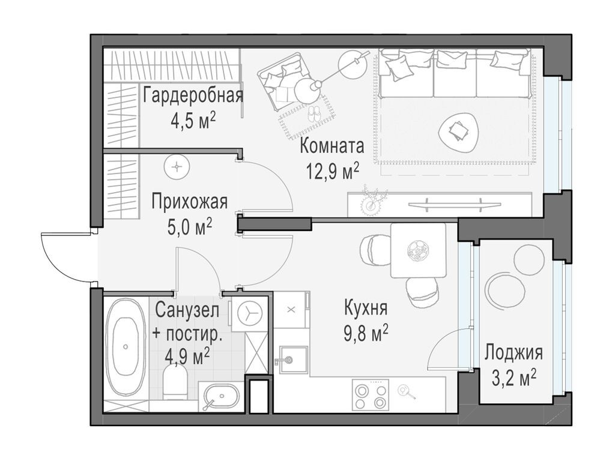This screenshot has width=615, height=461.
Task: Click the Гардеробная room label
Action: pyautogui.click(x=193, y=95)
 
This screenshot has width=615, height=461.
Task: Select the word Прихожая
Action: pyautogui.click(x=189, y=201)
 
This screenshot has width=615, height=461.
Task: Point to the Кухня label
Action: pyautogui.click(x=365, y=308)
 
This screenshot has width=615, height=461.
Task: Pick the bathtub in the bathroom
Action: pyautogui.click(x=126, y=346)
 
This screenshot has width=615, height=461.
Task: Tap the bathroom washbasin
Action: pyautogui.click(x=221, y=396)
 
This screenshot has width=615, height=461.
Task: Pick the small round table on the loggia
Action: pyautogui.click(x=505, y=291)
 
